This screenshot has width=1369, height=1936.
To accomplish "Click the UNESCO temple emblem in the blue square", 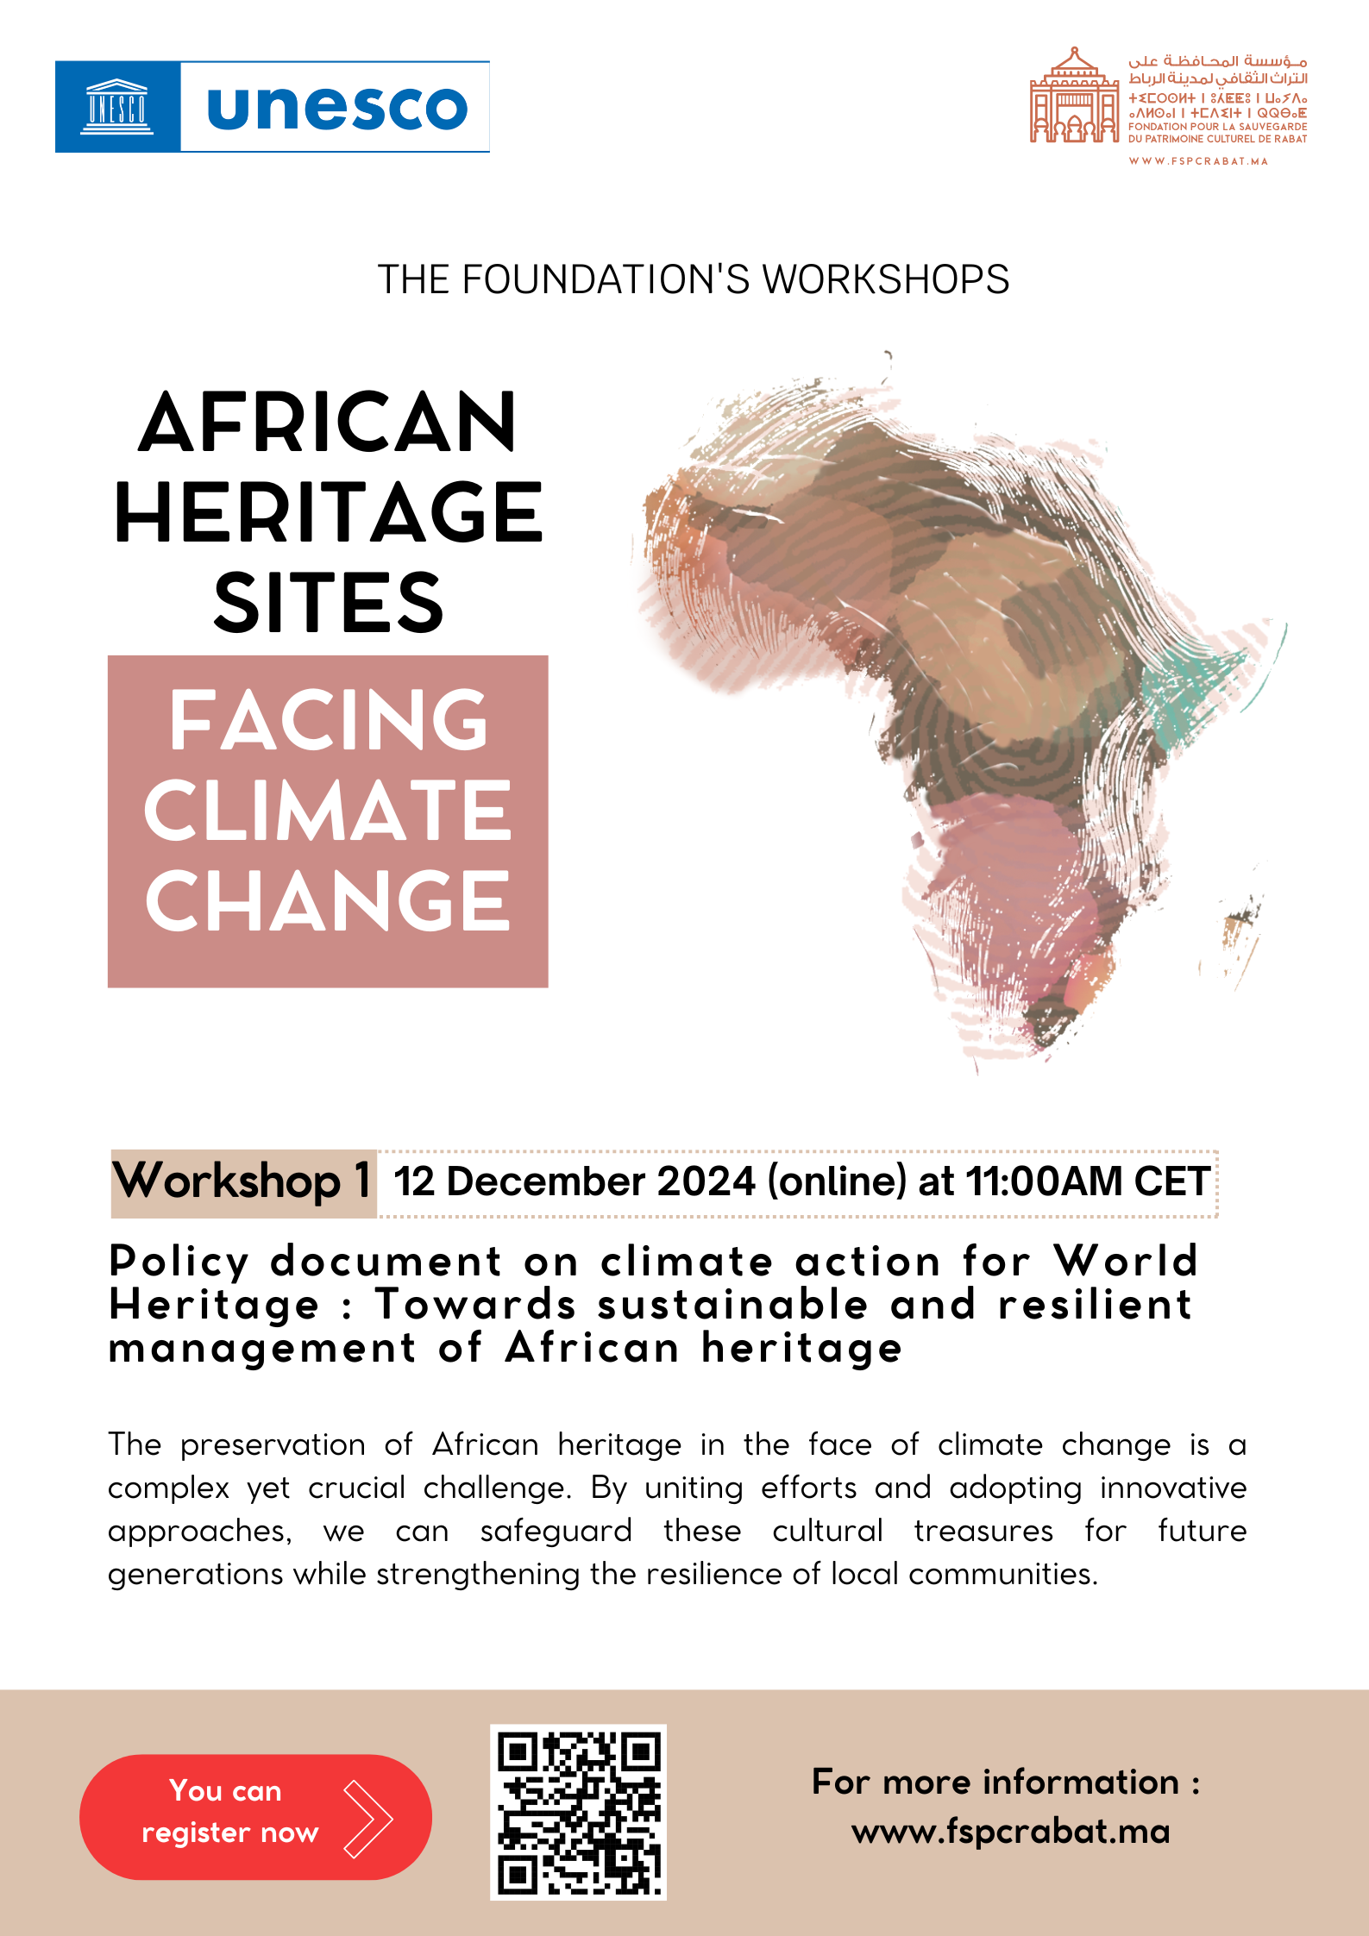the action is (117, 107).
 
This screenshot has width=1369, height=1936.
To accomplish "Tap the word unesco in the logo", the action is (337, 108).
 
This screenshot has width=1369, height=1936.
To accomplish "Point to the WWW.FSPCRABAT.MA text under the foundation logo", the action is (1198, 161).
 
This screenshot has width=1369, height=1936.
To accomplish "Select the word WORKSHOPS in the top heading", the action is (886, 279).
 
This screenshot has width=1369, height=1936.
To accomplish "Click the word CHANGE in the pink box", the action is (328, 900).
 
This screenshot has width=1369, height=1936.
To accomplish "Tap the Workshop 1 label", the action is (243, 1182).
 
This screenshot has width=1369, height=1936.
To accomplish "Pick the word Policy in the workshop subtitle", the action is (179, 1262).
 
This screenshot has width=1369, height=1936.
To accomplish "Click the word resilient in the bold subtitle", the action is (1096, 1305).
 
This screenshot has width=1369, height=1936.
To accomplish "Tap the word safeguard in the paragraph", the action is (556, 1532).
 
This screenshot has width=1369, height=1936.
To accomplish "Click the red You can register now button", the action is (255, 1816).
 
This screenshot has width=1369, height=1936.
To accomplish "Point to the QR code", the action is (578, 1812).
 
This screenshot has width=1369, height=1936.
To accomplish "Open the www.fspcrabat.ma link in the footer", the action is (1010, 1832).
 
